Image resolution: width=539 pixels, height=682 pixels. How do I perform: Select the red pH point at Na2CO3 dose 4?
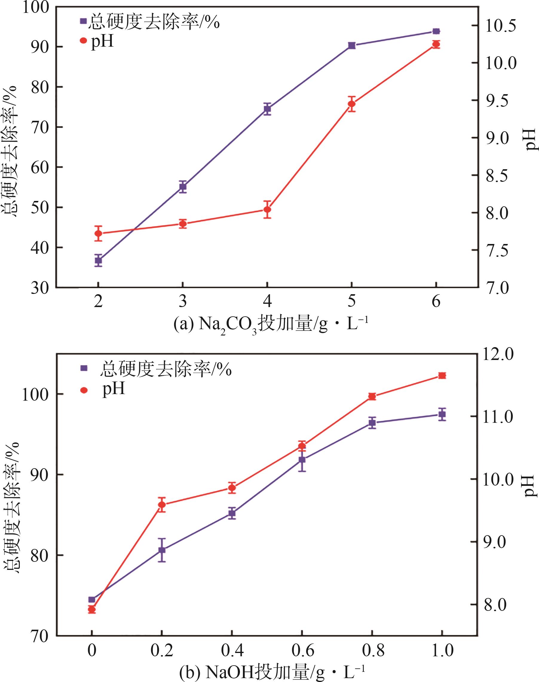pyautogui.click(x=267, y=209)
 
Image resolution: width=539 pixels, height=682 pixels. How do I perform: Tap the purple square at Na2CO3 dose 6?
pyautogui.click(x=436, y=31)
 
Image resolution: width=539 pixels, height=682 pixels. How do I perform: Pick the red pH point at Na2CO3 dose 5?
pyautogui.click(x=352, y=104)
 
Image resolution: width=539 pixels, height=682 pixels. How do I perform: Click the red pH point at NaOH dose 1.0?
pyautogui.click(x=442, y=376)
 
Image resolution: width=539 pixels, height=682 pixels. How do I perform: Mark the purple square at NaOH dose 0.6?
pyautogui.click(x=302, y=460)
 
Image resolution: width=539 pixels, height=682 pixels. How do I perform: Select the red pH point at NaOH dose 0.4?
pyautogui.click(x=232, y=487)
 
